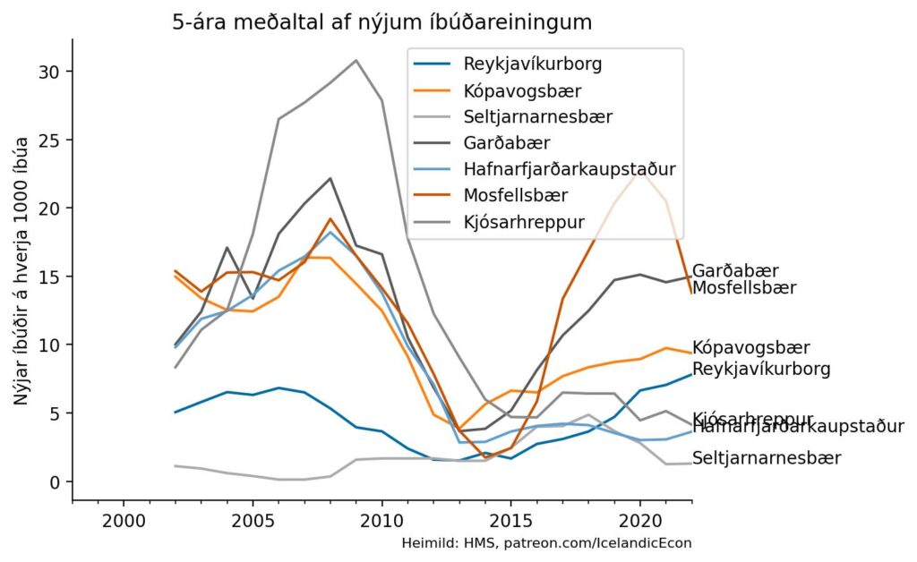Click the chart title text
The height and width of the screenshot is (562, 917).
tap(381, 21)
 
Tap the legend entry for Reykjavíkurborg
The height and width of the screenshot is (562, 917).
tap(532, 64)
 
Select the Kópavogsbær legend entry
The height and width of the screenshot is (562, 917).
tap(523, 90)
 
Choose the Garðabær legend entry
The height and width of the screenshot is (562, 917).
tap(507, 142)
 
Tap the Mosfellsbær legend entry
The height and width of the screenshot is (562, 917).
tap(515, 195)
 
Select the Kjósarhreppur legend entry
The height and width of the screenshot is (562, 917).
tap(524, 221)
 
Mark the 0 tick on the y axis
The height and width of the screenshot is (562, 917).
tap(55, 482)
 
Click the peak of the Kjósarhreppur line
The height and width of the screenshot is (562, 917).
tap(356, 61)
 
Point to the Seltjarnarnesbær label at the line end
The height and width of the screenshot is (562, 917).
tap(767, 458)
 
